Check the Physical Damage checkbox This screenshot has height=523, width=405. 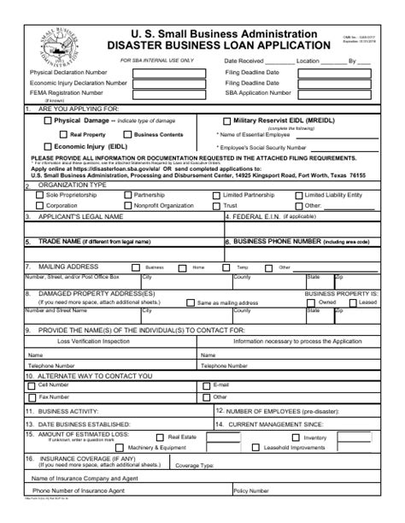pyautogui.click(x=48, y=121)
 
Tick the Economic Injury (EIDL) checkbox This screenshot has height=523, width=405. pyautogui.click(x=48, y=145)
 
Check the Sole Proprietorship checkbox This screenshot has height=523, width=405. pyautogui.click(x=29, y=194)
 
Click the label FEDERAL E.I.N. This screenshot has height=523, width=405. pyautogui.click(x=257, y=217)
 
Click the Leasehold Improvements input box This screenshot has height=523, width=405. pyautogui.click(x=349, y=448)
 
